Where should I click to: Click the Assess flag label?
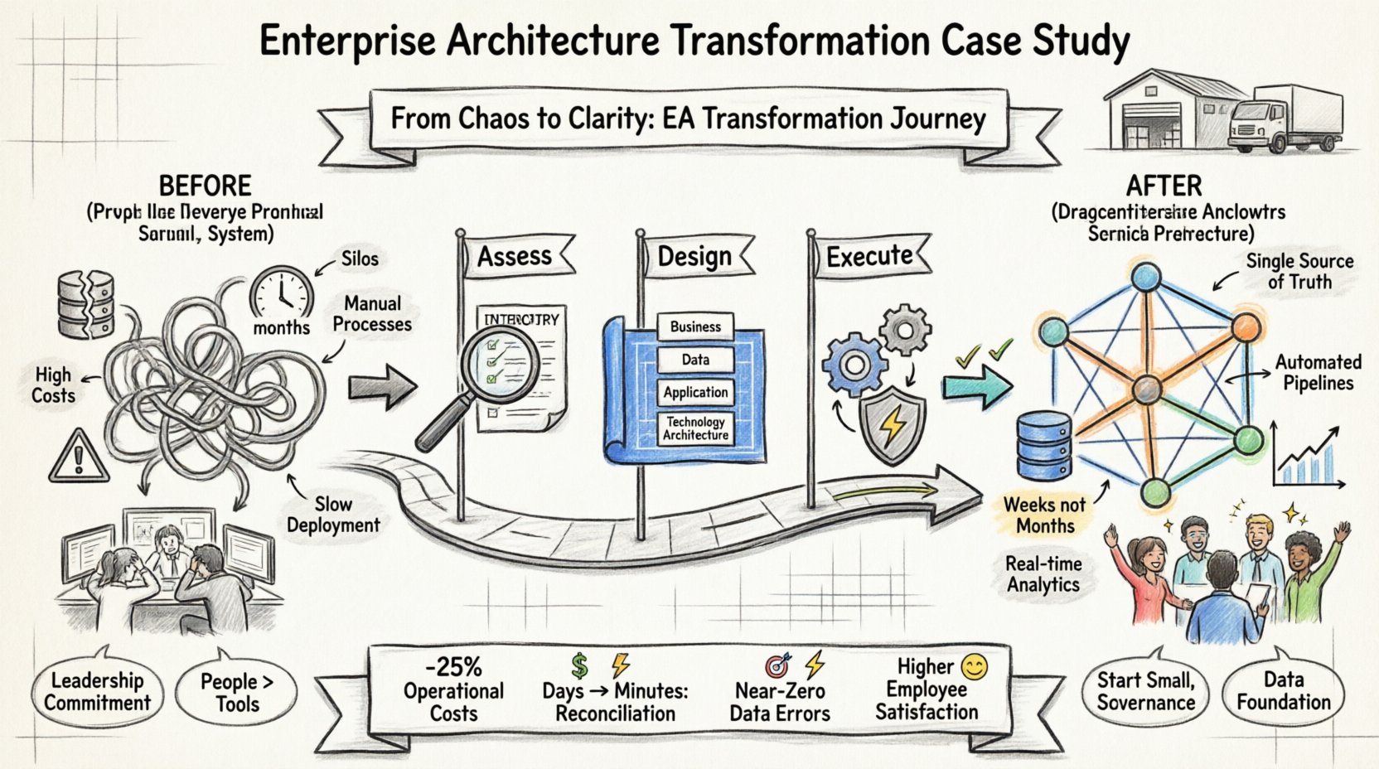pyautogui.click(x=515, y=257)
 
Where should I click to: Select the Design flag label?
pyautogui.click(x=694, y=257)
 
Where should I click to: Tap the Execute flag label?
pyautogui.click(x=870, y=256)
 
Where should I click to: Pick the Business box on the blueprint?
pyautogui.click(x=695, y=326)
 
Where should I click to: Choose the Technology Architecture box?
pyautogui.click(x=695, y=428)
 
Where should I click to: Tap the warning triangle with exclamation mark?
pyautogui.click(x=80, y=457)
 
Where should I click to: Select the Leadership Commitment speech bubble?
pyautogui.click(x=97, y=692)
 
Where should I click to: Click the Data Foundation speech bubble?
pyautogui.click(x=1283, y=692)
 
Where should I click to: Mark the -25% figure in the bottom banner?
pyautogui.click(x=453, y=667)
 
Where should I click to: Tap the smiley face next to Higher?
pyautogui.click(x=974, y=666)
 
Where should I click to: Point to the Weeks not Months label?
pyautogui.click(x=1044, y=515)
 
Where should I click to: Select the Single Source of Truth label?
pyautogui.click(x=1299, y=271)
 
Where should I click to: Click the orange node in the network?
pyautogui.click(x=1244, y=328)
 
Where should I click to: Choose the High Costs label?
pyautogui.click(x=53, y=385)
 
